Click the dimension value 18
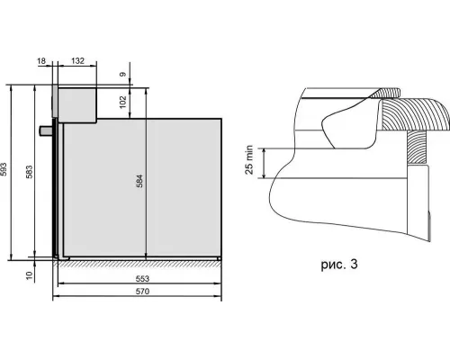point(41,61)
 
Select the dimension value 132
point(77,61)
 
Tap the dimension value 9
point(123,74)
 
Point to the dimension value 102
point(123,102)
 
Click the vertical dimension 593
point(4,169)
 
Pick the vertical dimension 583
point(29,172)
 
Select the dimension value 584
point(139,181)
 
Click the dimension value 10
point(29,275)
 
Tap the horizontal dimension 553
point(142,279)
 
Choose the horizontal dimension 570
point(142,292)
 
